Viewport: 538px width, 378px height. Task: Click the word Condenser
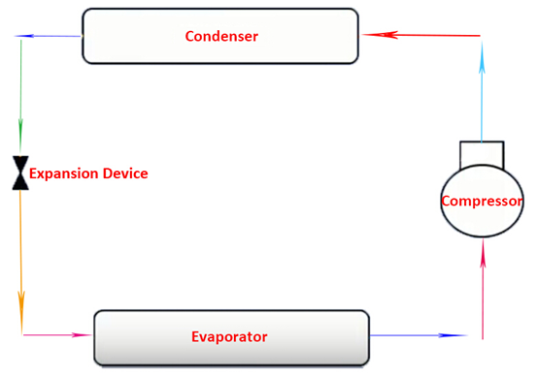pos(221,36)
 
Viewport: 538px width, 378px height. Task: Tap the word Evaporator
pos(229,337)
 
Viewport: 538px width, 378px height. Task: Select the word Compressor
pos(482,201)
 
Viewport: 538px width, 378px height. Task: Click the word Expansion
pos(64,173)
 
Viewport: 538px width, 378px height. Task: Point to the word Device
pos(125,173)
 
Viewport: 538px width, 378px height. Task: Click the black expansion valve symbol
pos(20,173)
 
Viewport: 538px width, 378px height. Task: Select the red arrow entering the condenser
pos(421,35)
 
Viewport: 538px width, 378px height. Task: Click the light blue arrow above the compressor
pos(482,92)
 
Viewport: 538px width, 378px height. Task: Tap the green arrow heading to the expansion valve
pos(21,97)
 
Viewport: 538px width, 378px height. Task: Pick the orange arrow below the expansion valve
pos(21,262)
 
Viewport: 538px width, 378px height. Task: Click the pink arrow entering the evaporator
pos(57,334)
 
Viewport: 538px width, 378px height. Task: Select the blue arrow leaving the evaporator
pos(419,335)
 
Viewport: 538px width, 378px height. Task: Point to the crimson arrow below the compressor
pos(483,289)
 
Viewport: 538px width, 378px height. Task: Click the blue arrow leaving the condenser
pos(48,36)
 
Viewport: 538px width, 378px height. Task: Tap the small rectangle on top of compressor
pos(482,155)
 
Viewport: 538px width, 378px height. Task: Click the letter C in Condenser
pos(190,36)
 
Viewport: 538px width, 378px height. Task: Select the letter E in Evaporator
pos(195,337)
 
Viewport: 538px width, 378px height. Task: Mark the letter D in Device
pos(108,173)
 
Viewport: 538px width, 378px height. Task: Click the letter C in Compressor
pos(447,201)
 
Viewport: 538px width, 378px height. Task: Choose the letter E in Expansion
pos(33,173)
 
